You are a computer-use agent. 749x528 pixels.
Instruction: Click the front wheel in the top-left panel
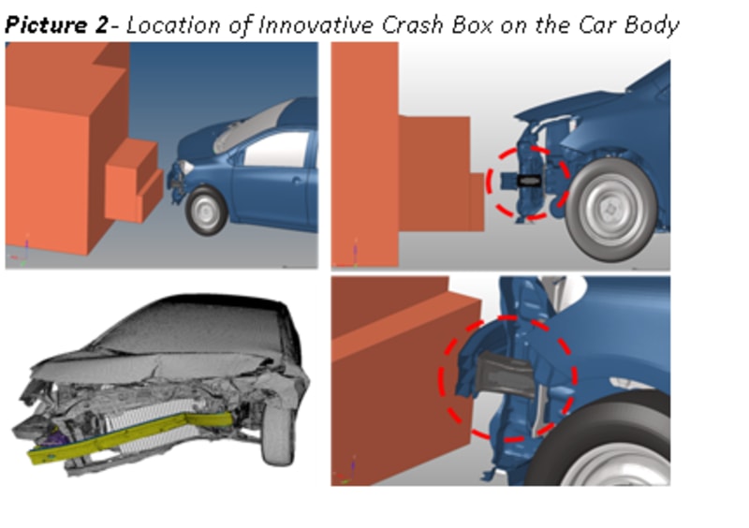[207, 211]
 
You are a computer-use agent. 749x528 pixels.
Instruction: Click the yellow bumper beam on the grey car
[131, 439]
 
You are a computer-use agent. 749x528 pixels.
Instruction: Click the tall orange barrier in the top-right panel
[363, 150]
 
